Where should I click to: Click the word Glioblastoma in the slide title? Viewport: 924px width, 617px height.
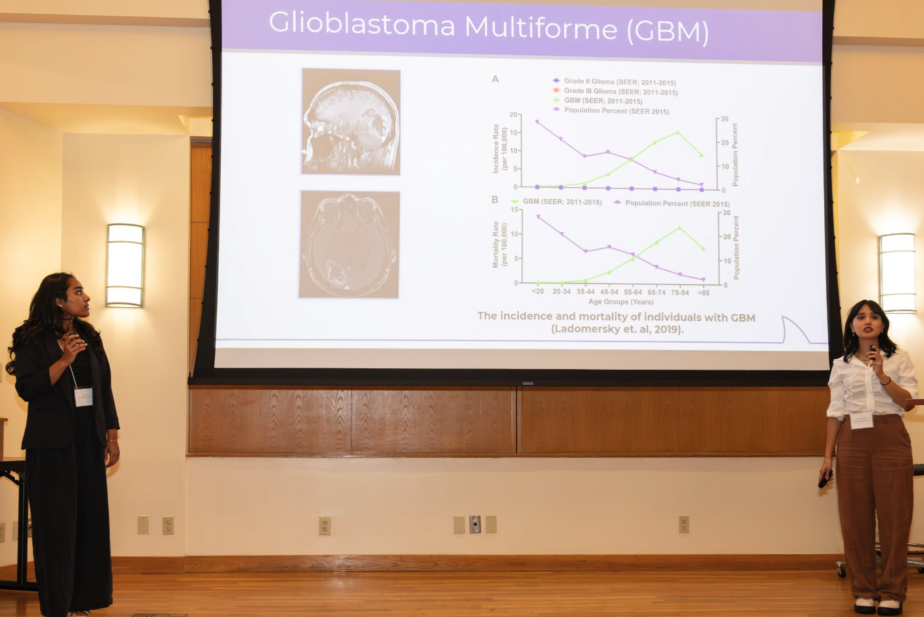(x=361, y=24)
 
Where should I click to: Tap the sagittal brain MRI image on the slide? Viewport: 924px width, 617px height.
(x=350, y=122)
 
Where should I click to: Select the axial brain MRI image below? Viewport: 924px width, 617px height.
(x=349, y=245)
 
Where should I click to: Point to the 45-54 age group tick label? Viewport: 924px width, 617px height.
(x=609, y=291)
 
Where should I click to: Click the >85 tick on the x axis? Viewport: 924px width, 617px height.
(x=703, y=293)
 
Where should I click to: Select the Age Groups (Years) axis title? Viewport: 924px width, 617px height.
(x=620, y=302)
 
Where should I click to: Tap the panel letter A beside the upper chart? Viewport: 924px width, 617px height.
(x=496, y=79)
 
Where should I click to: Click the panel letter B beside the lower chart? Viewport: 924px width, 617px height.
(x=495, y=200)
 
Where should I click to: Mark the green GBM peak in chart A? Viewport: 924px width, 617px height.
(x=678, y=133)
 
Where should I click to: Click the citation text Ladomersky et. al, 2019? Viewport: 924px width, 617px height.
(x=617, y=329)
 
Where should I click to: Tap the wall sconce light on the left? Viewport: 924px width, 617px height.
(x=125, y=265)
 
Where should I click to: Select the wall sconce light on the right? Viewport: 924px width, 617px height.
(x=897, y=272)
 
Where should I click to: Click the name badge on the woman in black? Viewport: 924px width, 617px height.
(x=83, y=397)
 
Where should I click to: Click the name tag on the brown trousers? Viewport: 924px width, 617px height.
(x=862, y=420)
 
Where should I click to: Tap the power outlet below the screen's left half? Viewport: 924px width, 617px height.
(x=325, y=526)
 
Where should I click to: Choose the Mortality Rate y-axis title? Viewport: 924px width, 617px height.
(x=500, y=244)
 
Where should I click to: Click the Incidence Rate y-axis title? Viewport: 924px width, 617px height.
(x=500, y=149)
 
